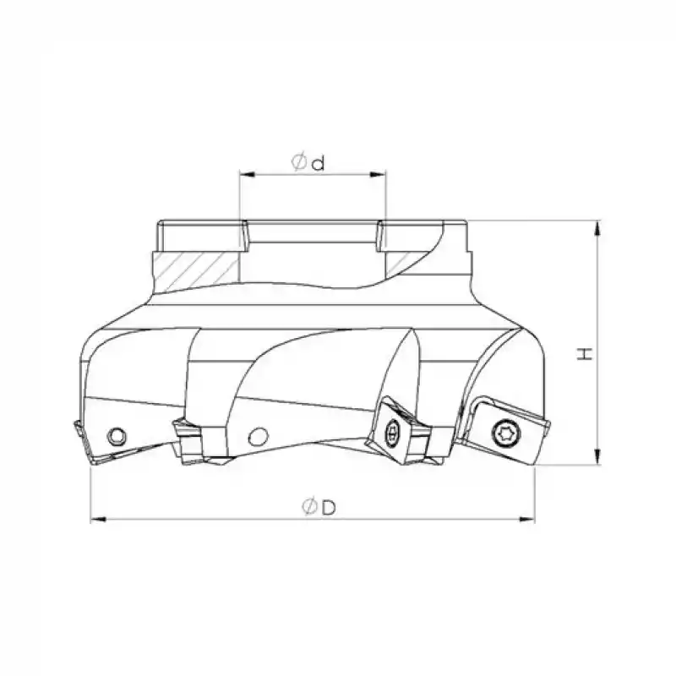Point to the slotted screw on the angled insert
[x=390, y=433]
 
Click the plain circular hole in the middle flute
[x=258, y=436]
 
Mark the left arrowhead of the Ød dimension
[x=245, y=176]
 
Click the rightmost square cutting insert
[x=505, y=431]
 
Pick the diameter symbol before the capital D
[x=309, y=506]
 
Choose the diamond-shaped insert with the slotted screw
[x=390, y=431]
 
